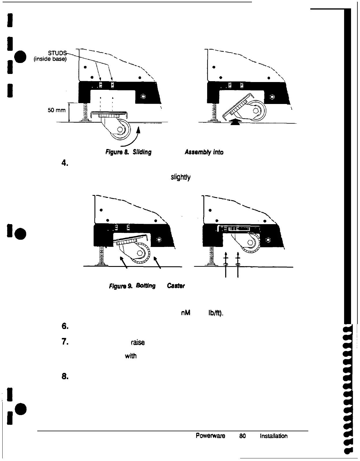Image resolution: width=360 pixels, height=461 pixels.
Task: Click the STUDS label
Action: click(58, 53)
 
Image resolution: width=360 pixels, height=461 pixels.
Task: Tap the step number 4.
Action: click(64, 163)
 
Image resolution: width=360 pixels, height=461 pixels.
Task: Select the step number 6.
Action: click(64, 326)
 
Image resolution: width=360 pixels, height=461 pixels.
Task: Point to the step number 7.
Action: click(64, 342)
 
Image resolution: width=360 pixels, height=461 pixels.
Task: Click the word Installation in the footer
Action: click(274, 436)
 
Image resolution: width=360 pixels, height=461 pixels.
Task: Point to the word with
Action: click(130, 356)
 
